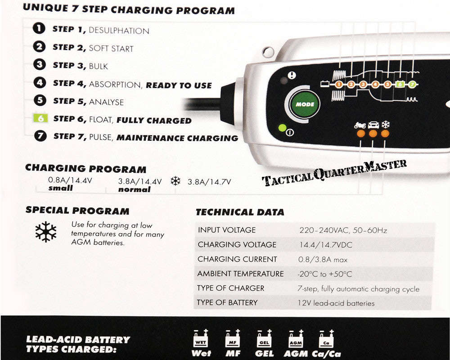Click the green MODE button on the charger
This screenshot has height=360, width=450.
point(305,104)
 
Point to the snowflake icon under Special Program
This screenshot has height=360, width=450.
point(46,232)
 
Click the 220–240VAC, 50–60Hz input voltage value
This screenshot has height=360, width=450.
point(343,230)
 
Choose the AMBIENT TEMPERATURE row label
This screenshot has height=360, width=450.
point(240,274)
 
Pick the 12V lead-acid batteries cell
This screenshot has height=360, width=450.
point(336,303)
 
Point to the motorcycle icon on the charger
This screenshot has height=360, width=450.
point(360,125)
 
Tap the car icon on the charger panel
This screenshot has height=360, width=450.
point(373,125)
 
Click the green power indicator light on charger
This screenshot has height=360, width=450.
point(282,128)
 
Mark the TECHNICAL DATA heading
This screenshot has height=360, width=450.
point(240,212)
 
